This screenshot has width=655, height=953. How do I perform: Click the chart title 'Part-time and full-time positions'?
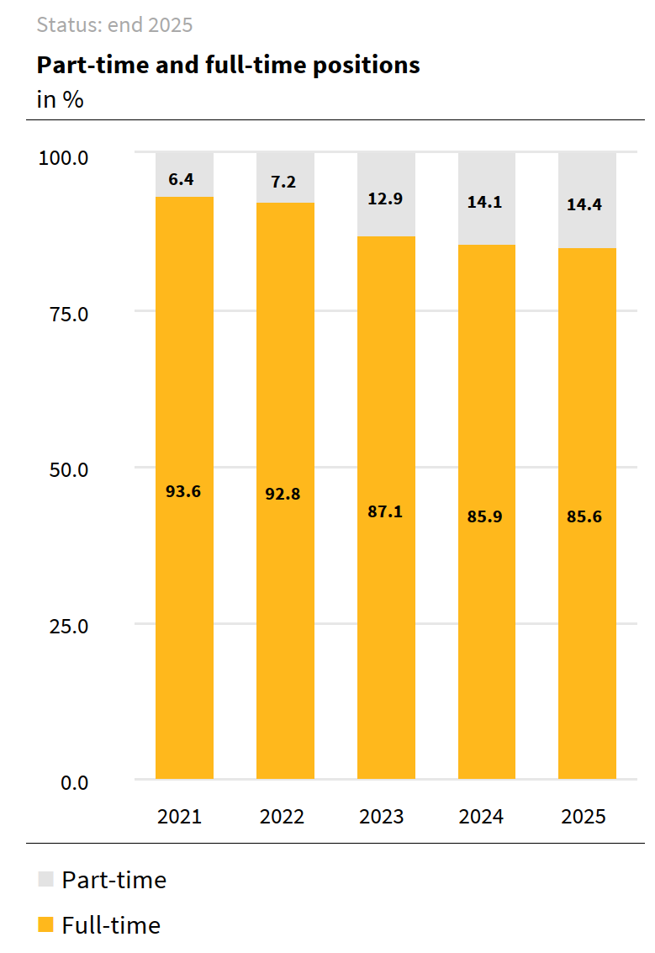[228, 65]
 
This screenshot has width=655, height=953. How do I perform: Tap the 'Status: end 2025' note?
[114, 25]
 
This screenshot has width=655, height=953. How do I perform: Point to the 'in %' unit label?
[60, 99]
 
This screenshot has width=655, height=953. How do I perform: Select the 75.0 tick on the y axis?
[65, 314]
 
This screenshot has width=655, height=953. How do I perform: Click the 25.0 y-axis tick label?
[65, 626]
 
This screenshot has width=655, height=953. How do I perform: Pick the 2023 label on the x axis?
[382, 817]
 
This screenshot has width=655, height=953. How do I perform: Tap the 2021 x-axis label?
[180, 817]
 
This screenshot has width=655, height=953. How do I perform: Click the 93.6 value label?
[183, 491]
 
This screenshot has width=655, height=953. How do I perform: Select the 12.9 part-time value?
[385, 199]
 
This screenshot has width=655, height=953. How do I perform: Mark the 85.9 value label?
[485, 516]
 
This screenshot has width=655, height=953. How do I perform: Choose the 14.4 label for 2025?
[584, 204]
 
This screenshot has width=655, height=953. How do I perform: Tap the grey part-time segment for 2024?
[487, 227]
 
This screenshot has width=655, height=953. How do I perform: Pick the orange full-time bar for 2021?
[184, 631]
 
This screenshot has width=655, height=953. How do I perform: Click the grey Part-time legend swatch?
[45, 880]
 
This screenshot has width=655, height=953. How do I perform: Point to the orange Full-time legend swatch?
[45, 925]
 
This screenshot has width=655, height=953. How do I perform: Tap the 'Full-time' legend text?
[111, 925]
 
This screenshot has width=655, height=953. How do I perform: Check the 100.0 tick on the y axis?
[64, 157]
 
